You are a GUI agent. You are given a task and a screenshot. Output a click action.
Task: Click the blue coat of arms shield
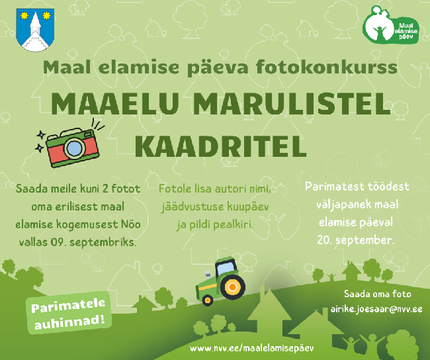click(x=35, y=30)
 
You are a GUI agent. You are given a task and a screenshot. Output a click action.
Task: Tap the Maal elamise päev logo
click(x=390, y=24)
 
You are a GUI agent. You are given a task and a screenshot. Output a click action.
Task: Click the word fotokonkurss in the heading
click(x=327, y=67)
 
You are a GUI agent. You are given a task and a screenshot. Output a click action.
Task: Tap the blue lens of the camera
click(x=74, y=148)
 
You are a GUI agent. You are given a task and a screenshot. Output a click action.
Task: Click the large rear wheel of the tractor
click(x=232, y=287)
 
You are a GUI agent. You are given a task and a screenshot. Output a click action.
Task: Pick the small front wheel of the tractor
click(x=208, y=300)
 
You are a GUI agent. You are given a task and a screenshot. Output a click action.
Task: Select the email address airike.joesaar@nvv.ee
click(x=376, y=309)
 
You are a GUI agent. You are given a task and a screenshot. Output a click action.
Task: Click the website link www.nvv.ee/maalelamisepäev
click(x=252, y=349)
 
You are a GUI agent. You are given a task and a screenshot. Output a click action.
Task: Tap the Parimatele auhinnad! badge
click(x=69, y=312)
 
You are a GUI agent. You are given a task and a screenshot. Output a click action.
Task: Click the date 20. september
click(x=356, y=240)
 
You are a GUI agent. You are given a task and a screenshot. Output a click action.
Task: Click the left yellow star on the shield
click(x=24, y=16)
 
